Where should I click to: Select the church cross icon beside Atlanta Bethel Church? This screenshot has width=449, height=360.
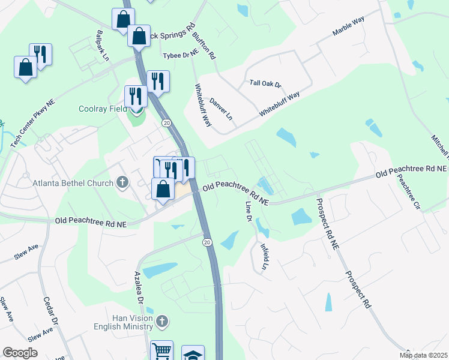pyautogui.click(x=122, y=182)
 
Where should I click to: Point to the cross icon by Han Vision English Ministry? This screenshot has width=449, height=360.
pyautogui.click(x=161, y=322)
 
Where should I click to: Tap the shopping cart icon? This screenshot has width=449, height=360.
pyautogui.click(x=161, y=352)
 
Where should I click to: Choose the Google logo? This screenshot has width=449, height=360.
pyautogui.click(x=20, y=353)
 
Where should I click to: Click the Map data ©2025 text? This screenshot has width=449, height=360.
pyautogui.click(x=423, y=355)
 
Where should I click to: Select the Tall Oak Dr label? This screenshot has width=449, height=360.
pyautogui.click(x=264, y=84)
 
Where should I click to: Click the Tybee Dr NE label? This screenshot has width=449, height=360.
pyautogui.click(x=181, y=55)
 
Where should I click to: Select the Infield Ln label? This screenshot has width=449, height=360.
pyautogui.click(x=264, y=256)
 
